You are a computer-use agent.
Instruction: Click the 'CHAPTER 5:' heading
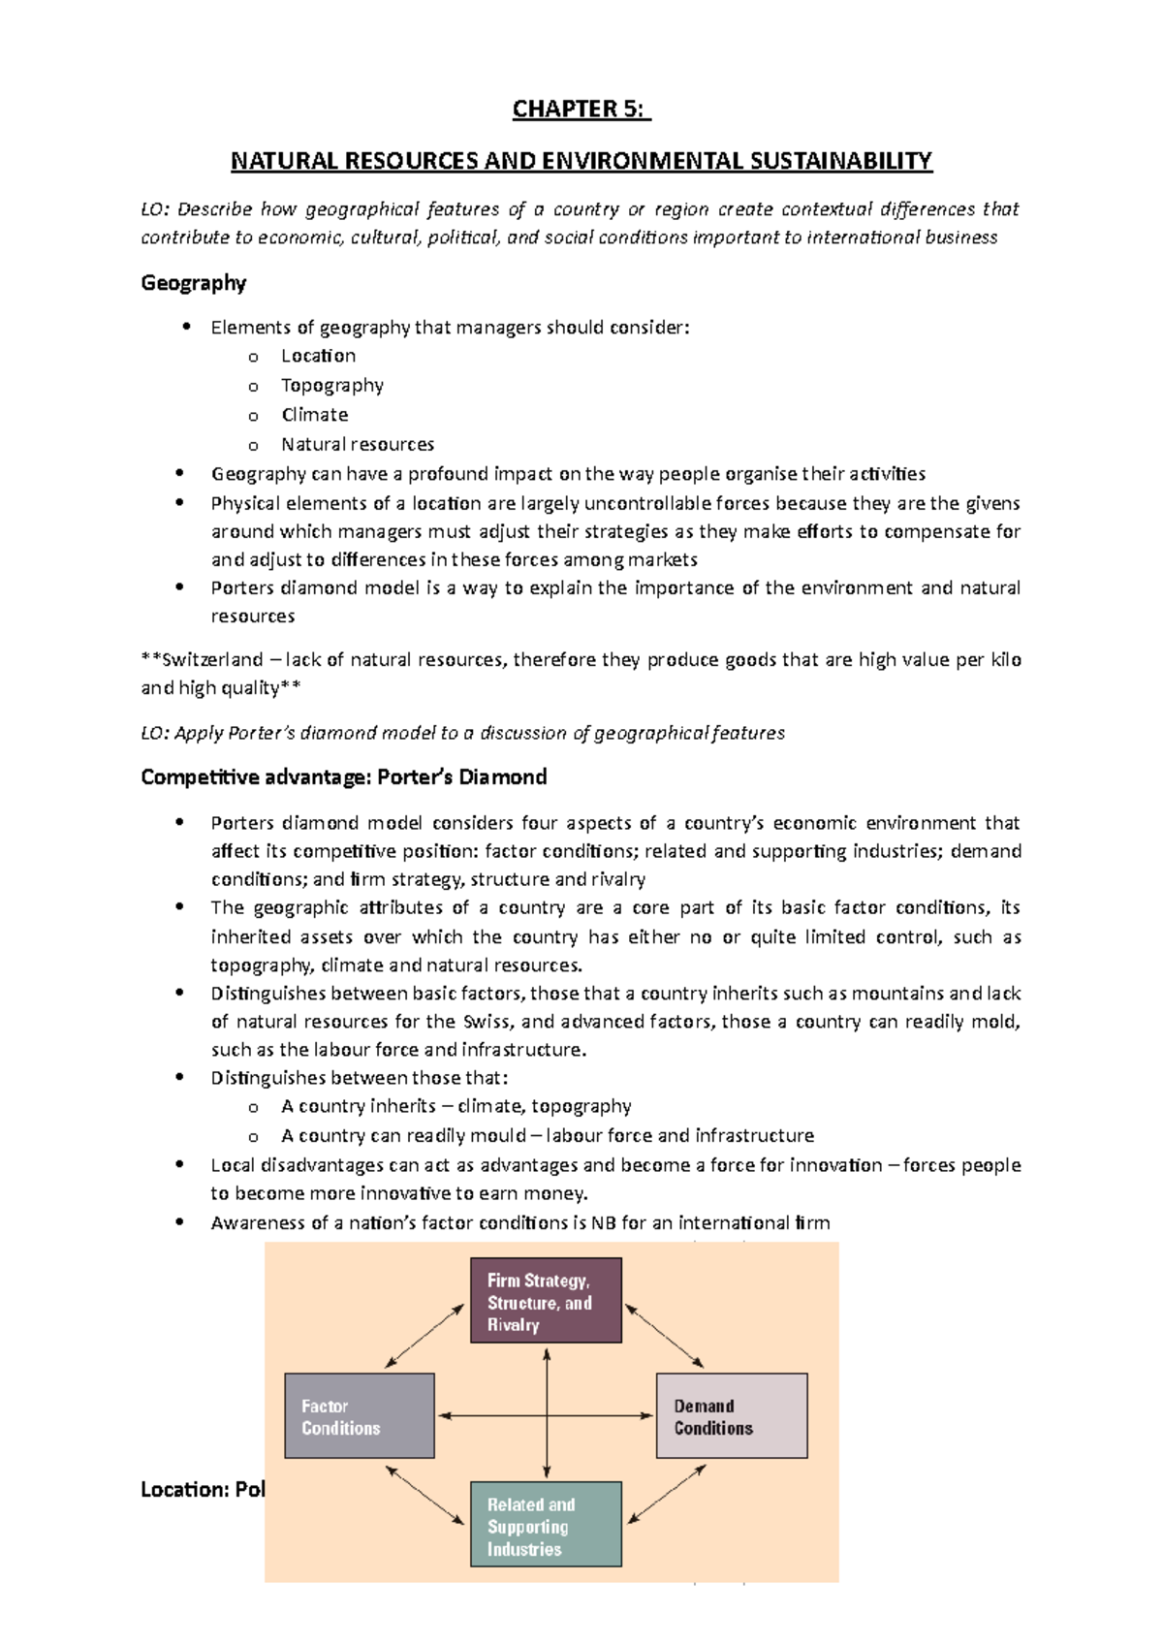581,110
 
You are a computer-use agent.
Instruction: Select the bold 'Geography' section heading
193,283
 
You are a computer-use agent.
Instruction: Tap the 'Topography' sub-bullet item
331,386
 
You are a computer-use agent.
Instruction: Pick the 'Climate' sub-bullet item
314,415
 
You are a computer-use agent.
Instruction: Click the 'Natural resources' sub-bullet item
357,445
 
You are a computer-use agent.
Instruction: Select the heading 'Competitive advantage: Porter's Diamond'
343,777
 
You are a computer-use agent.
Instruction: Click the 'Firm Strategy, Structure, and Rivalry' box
546,1301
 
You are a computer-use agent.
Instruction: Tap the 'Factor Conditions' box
359,1416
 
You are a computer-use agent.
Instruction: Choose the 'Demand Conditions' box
731,1416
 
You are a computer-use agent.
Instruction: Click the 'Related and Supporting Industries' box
546,1524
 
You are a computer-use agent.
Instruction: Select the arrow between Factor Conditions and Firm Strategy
424,1337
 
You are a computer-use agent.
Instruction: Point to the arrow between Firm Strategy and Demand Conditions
665,1336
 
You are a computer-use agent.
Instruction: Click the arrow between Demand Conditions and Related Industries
667,1494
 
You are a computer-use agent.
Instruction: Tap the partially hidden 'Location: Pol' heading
202,1490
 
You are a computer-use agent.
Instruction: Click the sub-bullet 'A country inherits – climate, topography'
456,1107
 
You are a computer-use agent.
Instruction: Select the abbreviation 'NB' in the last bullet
603,1223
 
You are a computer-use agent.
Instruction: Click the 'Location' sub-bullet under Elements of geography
318,357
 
